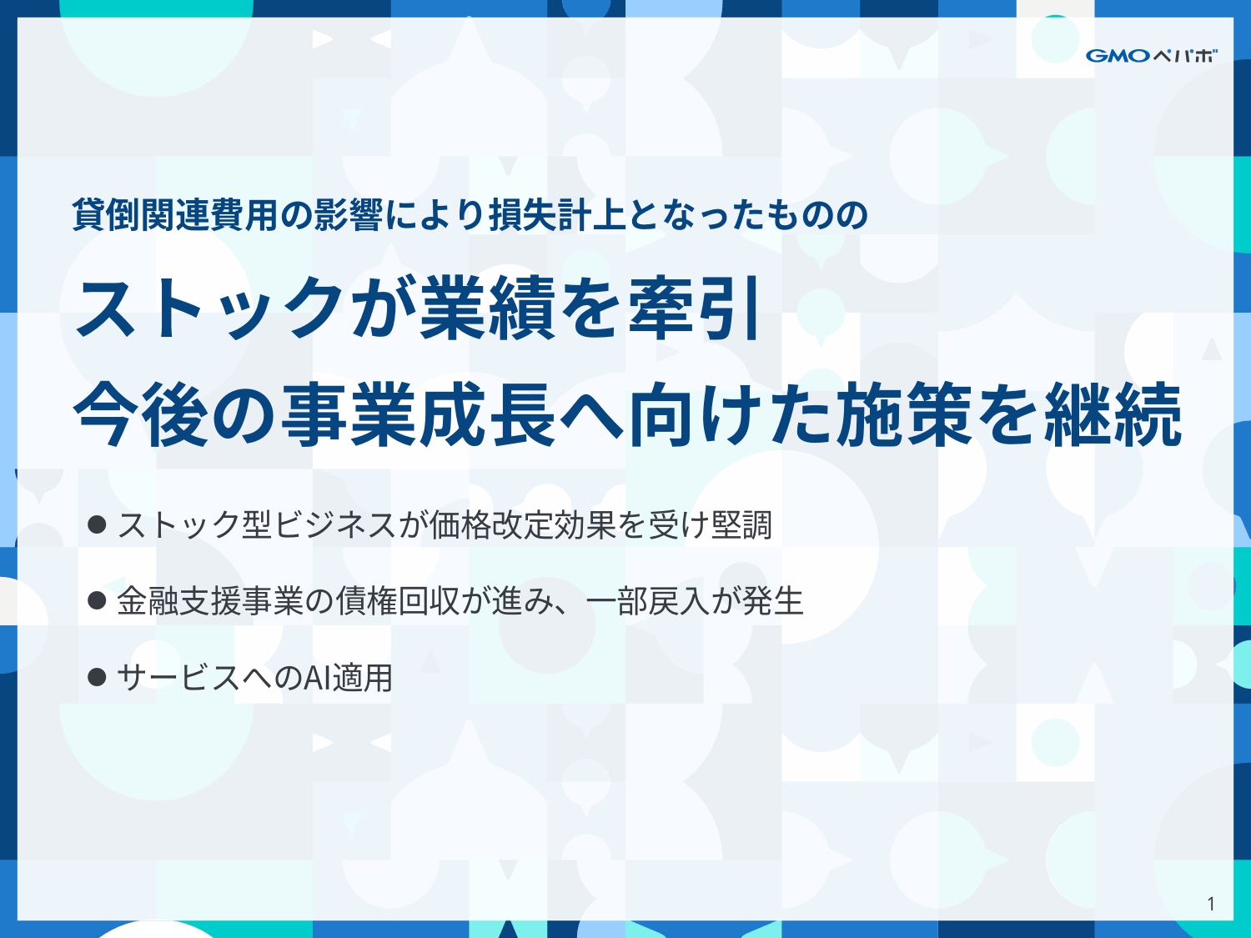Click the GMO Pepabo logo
pos(1151,56)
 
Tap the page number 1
pos(1210,904)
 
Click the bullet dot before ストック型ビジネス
pos(97,524)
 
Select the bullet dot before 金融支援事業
pos(97,600)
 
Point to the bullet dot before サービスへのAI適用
pos(97,676)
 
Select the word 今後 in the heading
pos(142,414)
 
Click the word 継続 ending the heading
pos(1113,414)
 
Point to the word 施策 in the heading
pos(906,414)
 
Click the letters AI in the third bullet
pos(317,677)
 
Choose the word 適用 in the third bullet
pos(362,677)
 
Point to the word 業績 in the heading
pos(487,308)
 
